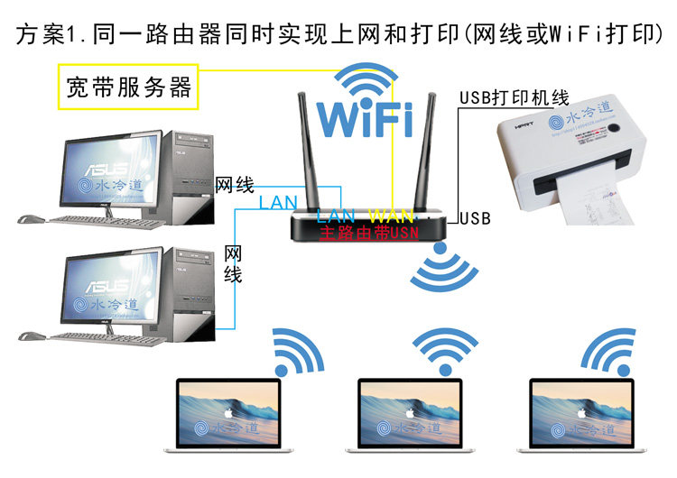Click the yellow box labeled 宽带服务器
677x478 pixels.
coord(129,87)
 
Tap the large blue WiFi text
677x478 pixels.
coord(365,119)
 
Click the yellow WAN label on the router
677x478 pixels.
coord(392,216)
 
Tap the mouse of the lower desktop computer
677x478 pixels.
coord(32,336)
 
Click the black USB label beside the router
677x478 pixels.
coord(475,218)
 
